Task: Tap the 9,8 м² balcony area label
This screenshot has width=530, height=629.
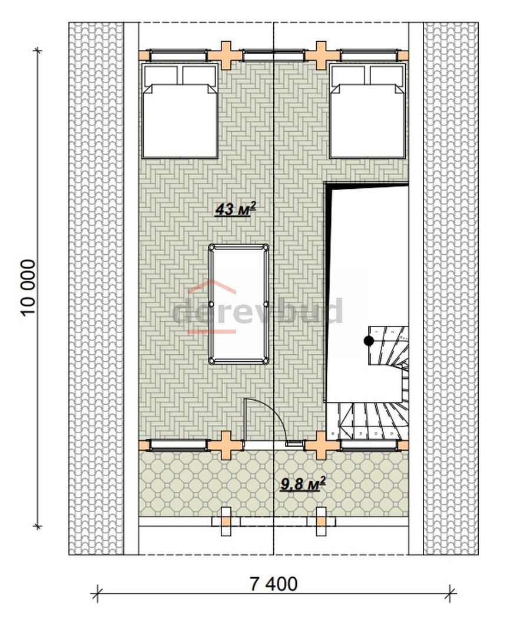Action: pyautogui.click(x=303, y=484)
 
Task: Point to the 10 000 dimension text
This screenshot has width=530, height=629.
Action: pyautogui.click(x=29, y=288)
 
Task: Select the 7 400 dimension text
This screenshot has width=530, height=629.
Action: pyautogui.click(x=274, y=584)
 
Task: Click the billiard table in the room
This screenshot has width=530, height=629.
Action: pyautogui.click(x=239, y=304)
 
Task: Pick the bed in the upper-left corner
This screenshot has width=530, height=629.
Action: pyautogui.click(x=180, y=110)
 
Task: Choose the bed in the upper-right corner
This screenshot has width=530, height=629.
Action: pyautogui.click(x=367, y=110)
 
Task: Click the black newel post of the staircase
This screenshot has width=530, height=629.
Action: pyautogui.click(x=369, y=341)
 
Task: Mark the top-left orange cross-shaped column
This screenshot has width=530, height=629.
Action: pyautogui.click(x=227, y=55)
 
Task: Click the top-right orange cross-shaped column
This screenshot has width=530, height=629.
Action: pyautogui.click(x=320, y=55)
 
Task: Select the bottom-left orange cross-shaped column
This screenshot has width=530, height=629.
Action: pyautogui.click(x=227, y=445)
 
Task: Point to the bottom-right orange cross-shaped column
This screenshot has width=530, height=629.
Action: pyautogui.click(x=320, y=445)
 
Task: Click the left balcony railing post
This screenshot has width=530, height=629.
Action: pyautogui.click(x=227, y=521)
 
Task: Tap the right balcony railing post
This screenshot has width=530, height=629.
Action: pyautogui.click(x=321, y=521)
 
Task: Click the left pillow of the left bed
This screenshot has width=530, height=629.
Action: pyautogui.click(x=161, y=75)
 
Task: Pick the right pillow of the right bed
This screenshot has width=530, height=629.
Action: pyautogui.click(x=386, y=75)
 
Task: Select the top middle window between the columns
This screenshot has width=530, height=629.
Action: pyautogui.click(x=273, y=55)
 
